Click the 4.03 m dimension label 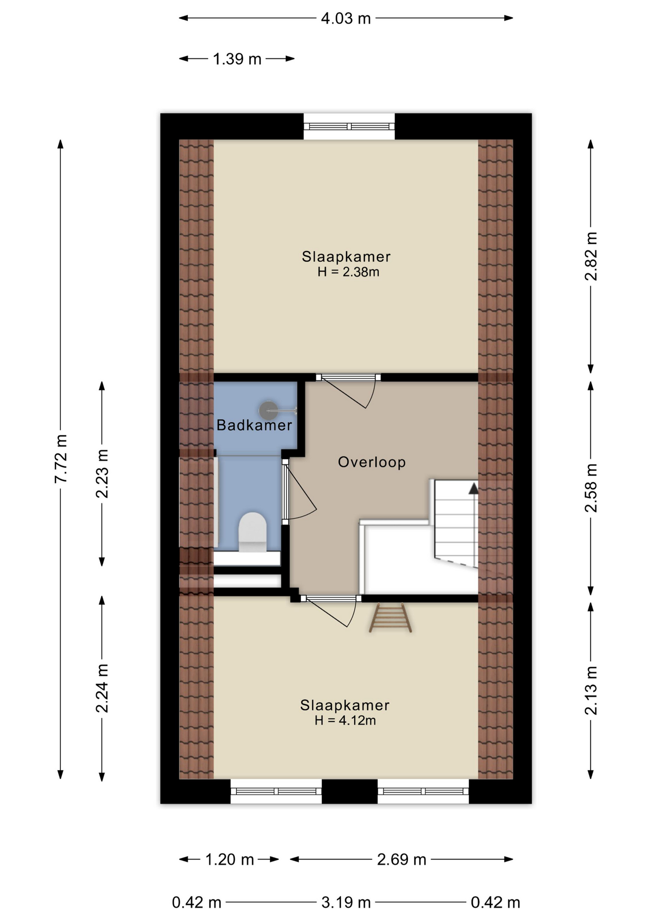tap(345, 19)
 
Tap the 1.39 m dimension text tap(237, 59)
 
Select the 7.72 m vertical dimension tap(61, 459)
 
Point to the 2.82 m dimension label tap(591, 256)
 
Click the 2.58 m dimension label tap(591, 488)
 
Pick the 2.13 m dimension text tap(591, 690)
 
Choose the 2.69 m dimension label tap(401, 859)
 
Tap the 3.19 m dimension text tap(346, 903)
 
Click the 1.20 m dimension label tap(229, 859)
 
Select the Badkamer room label tap(254, 425)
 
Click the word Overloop tap(372, 462)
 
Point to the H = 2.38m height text tap(348, 272)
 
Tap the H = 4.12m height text tap(345, 720)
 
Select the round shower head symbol tap(268, 411)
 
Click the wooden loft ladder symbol tap(390, 618)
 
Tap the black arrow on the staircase tap(473, 488)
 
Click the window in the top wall tap(349, 126)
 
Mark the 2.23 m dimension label tap(102, 473)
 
